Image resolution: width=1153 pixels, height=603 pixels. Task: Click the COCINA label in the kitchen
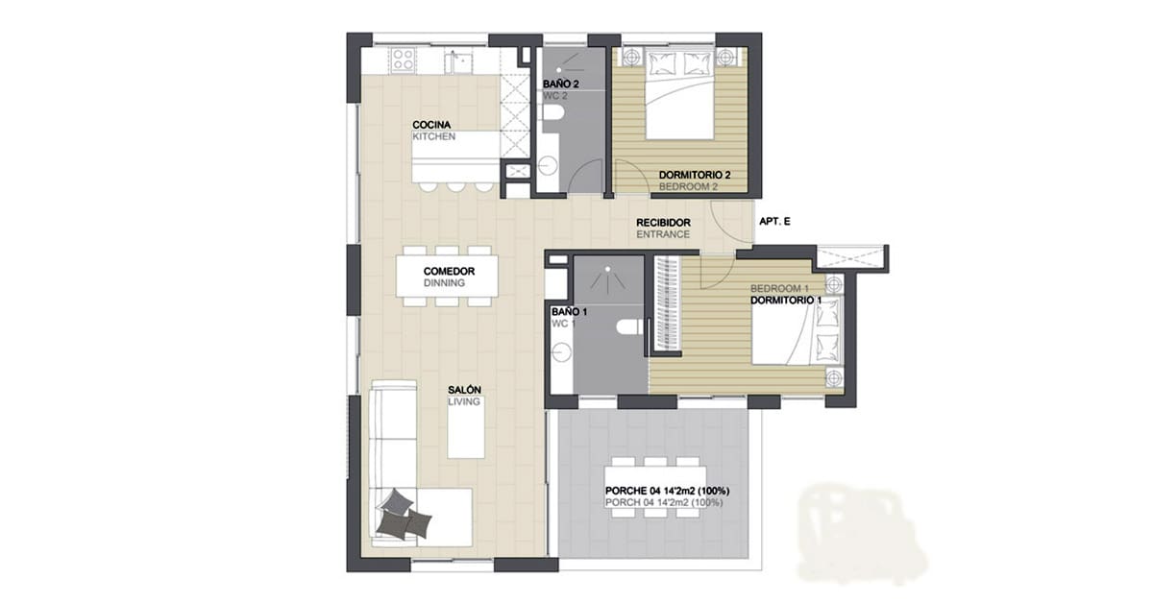tap(431, 125)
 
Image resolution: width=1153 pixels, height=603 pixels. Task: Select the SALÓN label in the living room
tap(464, 390)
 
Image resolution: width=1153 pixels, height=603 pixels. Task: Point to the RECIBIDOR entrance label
tap(663, 223)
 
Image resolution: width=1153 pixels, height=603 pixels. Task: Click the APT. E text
tap(774, 222)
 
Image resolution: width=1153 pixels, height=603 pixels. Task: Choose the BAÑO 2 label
tap(560, 84)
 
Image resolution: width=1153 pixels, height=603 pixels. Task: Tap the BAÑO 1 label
tap(569, 312)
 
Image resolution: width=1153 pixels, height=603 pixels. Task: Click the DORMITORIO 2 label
tap(695, 175)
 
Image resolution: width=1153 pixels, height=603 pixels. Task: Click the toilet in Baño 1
tap(630, 327)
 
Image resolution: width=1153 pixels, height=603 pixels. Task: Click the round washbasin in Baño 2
tap(549, 166)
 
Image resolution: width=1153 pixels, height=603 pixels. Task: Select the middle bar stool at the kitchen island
tap(455, 186)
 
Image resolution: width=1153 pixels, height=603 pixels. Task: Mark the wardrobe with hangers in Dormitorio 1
tap(667, 303)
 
